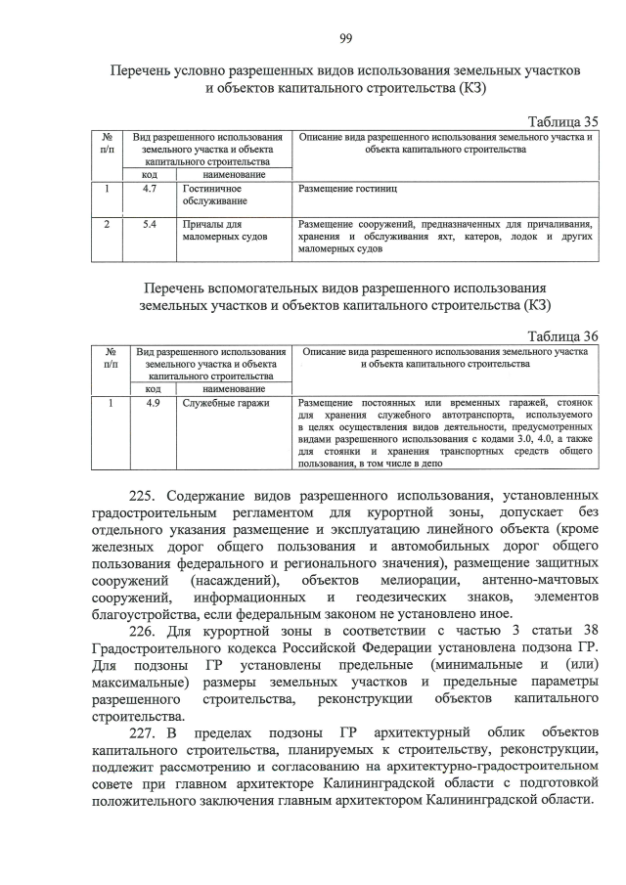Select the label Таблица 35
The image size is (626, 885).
pyautogui.click(x=562, y=122)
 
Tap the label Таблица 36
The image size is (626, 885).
pyautogui.click(x=562, y=335)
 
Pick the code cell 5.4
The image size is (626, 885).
pyautogui.click(x=151, y=224)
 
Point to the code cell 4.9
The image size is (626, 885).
pyautogui.click(x=152, y=402)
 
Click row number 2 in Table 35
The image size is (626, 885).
pyautogui.click(x=106, y=224)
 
